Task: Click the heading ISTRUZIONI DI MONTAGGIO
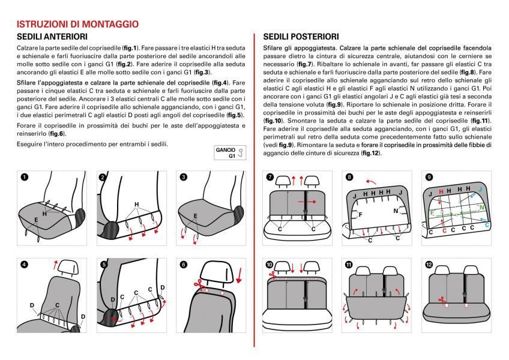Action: coord(78,25)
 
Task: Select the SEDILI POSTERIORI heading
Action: coord(301,37)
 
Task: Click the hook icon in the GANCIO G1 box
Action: coord(241,153)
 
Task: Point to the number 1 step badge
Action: coord(23,178)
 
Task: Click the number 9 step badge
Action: coord(429,178)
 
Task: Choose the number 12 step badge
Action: coord(429,265)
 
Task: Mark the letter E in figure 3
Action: coord(195,215)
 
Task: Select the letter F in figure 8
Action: coord(361,213)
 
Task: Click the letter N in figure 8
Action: coord(396,211)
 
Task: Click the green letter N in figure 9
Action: coord(482,207)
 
